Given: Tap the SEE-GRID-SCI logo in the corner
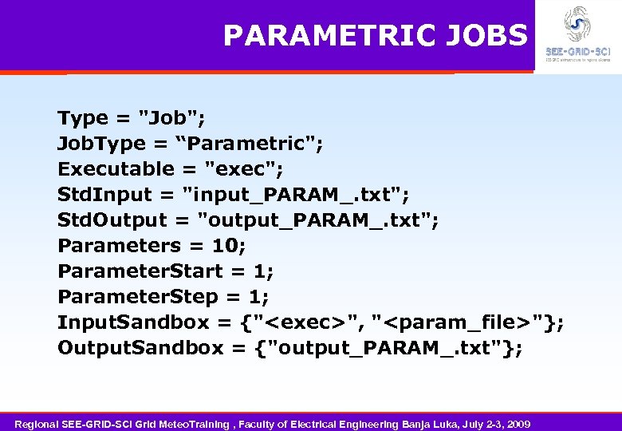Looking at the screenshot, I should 577,34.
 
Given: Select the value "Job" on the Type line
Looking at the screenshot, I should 172,118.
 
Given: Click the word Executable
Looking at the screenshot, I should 116,169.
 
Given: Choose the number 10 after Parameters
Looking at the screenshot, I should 228,246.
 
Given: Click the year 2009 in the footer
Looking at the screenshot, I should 518,423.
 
